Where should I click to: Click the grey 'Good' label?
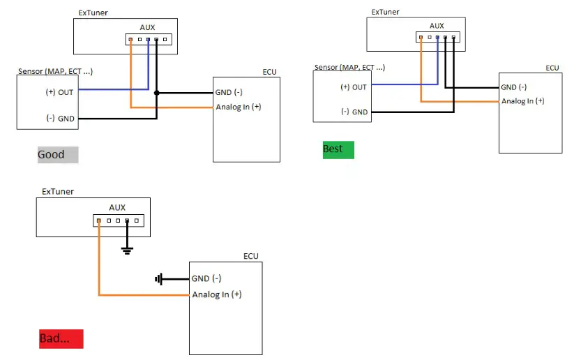(x=58, y=154)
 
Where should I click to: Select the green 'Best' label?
(x=338, y=149)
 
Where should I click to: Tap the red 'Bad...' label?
(x=61, y=339)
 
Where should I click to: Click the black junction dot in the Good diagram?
(x=156, y=93)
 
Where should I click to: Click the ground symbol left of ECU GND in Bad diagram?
(x=160, y=279)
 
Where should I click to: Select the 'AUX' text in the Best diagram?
(x=437, y=26)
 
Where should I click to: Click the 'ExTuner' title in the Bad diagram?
(x=57, y=191)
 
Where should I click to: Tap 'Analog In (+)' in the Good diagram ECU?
(x=238, y=107)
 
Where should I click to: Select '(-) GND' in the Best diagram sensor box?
(x=354, y=112)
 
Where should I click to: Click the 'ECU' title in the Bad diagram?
(x=250, y=256)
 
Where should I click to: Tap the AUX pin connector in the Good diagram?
(x=148, y=40)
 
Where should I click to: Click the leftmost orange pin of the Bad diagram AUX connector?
(x=99, y=221)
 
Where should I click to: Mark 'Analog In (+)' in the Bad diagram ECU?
(x=217, y=294)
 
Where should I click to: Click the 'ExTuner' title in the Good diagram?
(x=94, y=13)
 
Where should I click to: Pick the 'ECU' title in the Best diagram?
(x=552, y=68)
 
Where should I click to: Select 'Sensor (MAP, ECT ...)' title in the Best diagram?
(x=349, y=67)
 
